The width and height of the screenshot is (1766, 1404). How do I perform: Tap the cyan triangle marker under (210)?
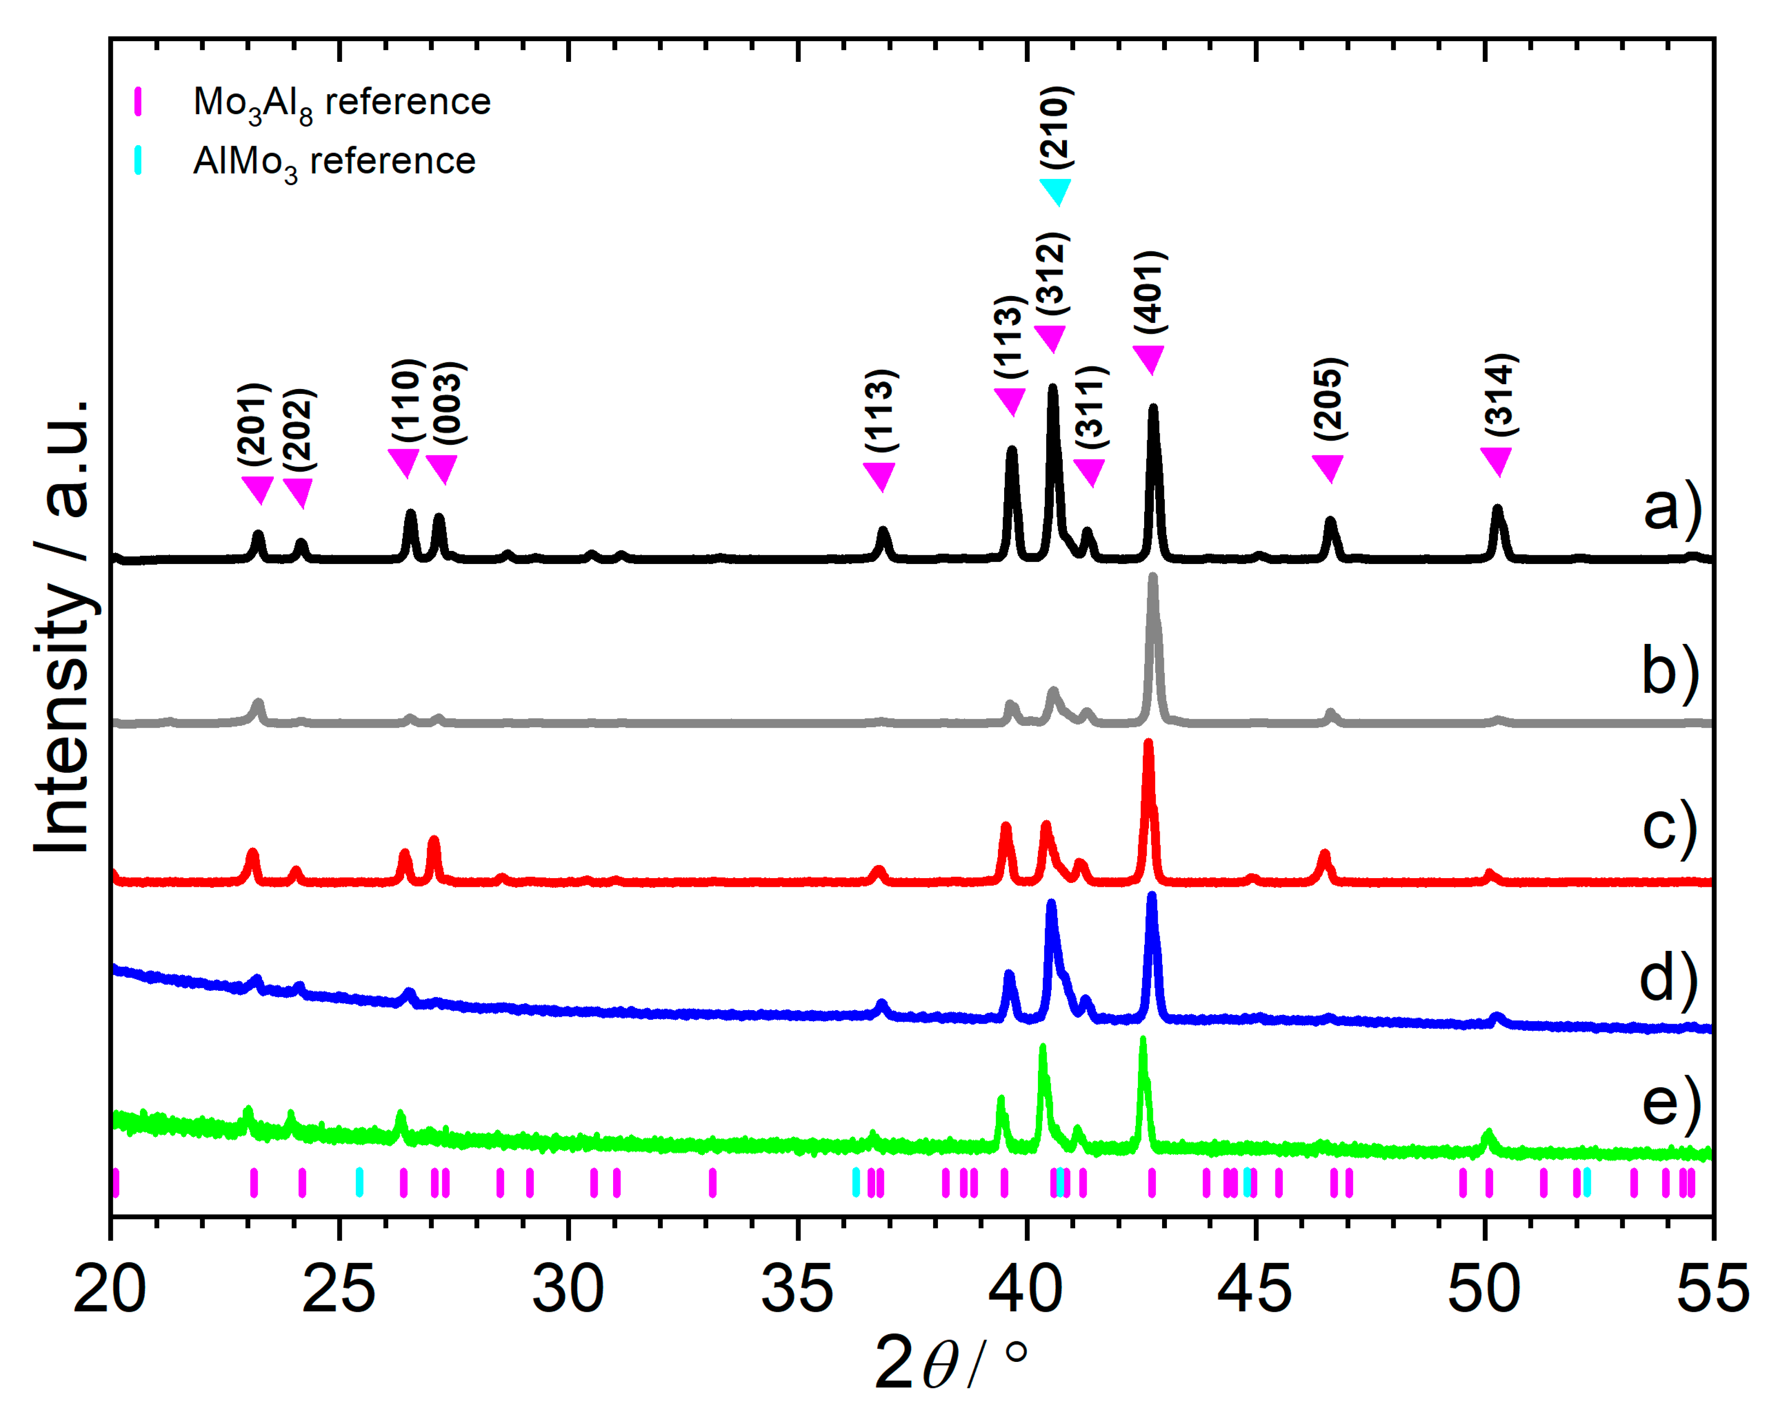1055,192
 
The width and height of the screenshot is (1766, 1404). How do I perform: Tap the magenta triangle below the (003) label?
442,469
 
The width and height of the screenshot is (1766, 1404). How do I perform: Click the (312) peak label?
1052,273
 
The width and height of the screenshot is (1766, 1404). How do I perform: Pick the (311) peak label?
1091,407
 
